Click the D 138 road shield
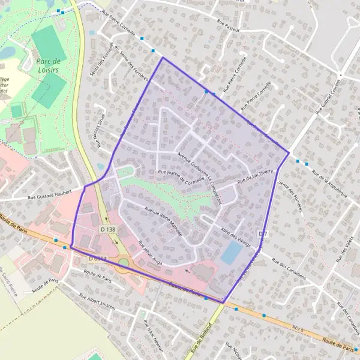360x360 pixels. [108, 229]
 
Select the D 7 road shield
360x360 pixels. [263, 233]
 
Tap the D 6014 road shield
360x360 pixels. [98, 258]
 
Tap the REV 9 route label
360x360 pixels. [298, 331]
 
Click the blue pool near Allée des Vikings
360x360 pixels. [232, 253]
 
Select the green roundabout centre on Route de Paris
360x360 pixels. [124, 262]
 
